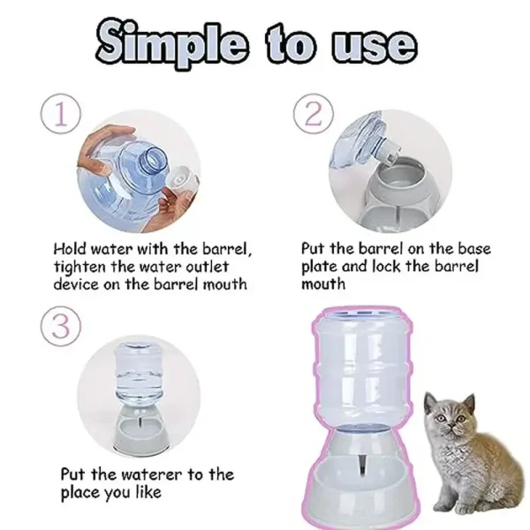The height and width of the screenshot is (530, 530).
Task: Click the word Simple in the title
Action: [x=171, y=43]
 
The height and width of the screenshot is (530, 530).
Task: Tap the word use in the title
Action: [x=374, y=45]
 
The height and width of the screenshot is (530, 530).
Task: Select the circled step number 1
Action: [x=61, y=114]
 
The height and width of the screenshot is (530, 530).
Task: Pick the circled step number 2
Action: [x=314, y=114]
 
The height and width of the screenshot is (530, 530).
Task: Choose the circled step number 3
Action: [x=61, y=326]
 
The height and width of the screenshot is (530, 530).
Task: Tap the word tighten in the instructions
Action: [x=79, y=267]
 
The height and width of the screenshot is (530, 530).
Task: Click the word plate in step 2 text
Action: [x=319, y=267]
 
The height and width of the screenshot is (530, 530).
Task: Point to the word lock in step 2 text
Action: [x=386, y=267]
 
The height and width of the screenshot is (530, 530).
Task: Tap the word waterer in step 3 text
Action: [x=151, y=474]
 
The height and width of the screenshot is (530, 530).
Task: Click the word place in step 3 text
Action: [x=79, y=492]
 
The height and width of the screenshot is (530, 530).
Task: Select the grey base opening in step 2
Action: [x=400, y=173]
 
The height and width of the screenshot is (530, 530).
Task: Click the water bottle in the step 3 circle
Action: [x=140, y=371]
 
